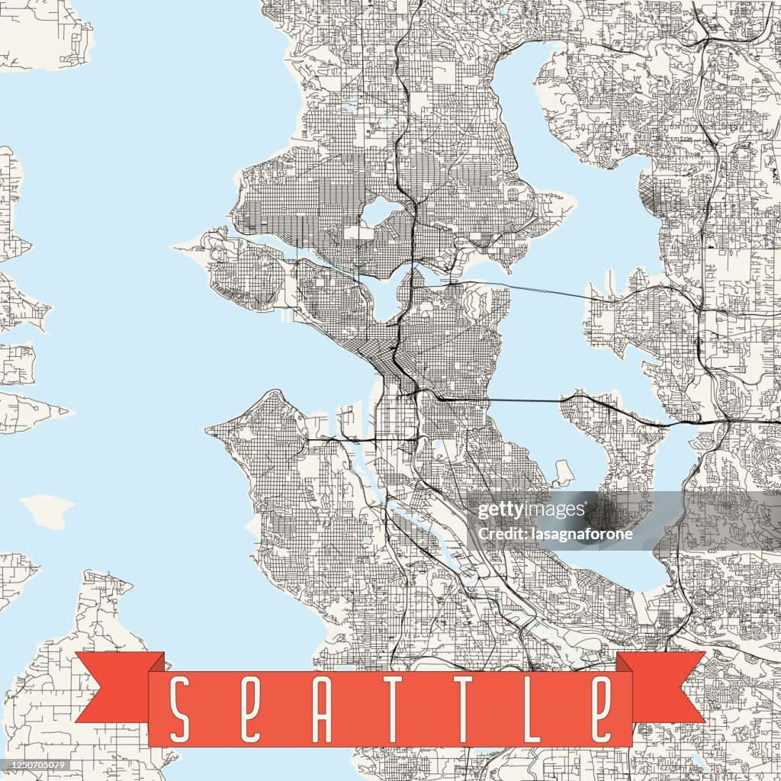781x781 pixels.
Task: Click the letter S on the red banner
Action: tap(180, 709)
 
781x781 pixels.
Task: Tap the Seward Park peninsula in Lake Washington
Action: tap(564, 473)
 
